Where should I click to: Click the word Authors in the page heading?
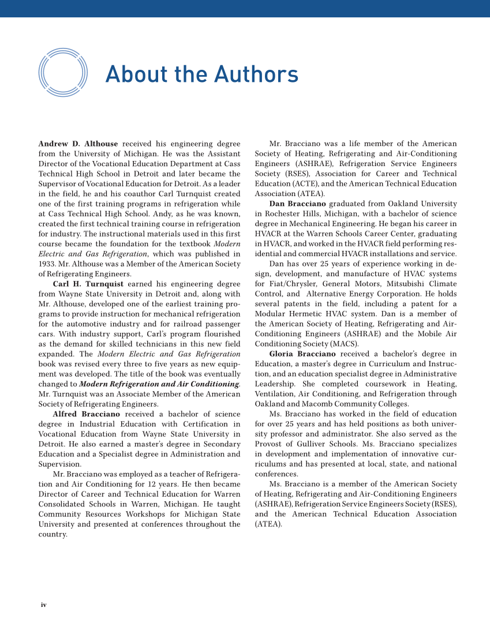[x=256, y=74]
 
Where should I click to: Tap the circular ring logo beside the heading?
[x=63, y=73]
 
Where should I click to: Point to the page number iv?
[x=43, y=605]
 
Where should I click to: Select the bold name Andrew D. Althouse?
[x=78, y=144]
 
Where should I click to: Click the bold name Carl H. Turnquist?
[x=88, y=284]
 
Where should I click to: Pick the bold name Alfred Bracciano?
[x=87, y=414]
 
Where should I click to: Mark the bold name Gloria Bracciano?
[x=303, y=354]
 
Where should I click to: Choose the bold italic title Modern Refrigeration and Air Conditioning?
[x=159, y=384]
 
